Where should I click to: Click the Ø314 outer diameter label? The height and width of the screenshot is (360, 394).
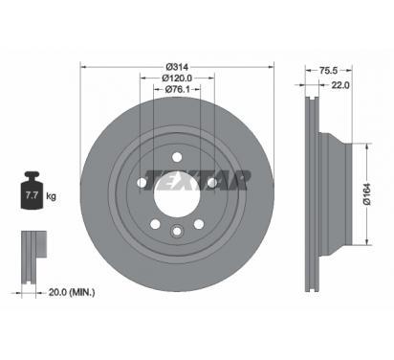tap(177, 67)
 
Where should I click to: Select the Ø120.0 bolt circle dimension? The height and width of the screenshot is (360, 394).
tap(177, 78)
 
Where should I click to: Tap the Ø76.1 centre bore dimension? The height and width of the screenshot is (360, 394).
tap(177, 89)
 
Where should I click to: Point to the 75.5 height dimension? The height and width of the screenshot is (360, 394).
tap(328, 70)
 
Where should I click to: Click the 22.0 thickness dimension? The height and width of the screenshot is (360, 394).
tap(340, 85)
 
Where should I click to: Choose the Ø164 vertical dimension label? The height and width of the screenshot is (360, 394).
tap(367, 193)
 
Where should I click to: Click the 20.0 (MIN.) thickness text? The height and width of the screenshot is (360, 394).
tap(72, 292)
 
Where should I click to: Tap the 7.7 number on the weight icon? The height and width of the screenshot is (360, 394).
tap(32, 195)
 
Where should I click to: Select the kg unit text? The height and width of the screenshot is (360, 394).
tap(51, 195)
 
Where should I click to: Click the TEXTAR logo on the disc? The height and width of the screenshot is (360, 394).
tap(197, 180)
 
